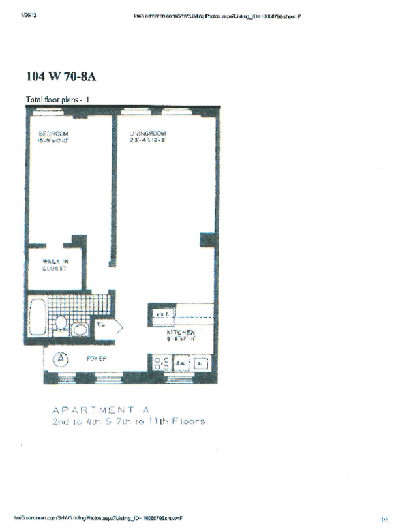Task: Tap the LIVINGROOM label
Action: click(149, 133)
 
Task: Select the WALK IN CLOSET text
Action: click(55, 264)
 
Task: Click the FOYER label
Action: click(95, 359)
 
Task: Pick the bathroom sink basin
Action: click(80, 331)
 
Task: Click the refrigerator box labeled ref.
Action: click(162, 314)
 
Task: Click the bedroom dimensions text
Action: click(53, 140)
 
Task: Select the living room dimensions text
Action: click(149, 140)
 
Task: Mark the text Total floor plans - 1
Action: click(57, 100)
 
